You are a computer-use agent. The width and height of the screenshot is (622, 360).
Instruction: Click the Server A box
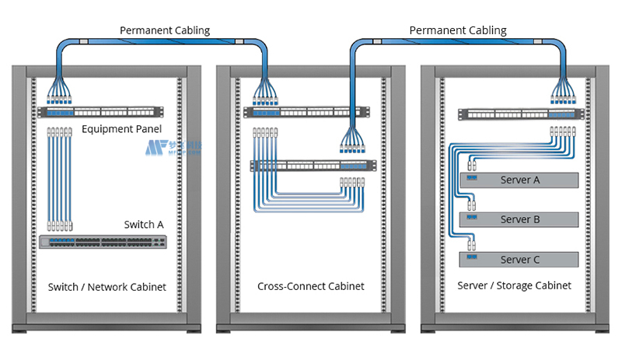[x=520, y=180]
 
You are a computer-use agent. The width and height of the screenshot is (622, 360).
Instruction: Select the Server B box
[x=520, y=219]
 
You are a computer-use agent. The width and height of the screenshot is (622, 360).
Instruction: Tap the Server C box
[x=520, y=260]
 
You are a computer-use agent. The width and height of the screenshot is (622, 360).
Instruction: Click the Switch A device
[x=103, y=242]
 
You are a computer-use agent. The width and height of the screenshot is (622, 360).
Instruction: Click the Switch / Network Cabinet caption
[x=107, y=287]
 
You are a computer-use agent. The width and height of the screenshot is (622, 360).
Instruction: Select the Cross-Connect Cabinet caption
[x=311, y=287]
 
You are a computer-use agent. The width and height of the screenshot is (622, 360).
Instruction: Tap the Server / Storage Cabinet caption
[x=515, y=286]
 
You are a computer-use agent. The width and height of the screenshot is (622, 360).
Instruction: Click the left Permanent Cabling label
[x=165, y=30]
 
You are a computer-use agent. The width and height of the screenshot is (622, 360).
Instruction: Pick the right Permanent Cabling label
[x=458, y=30]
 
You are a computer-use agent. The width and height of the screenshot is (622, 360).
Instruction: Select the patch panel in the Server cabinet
[x=519, y=113]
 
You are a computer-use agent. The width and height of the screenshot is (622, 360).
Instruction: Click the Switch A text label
[x=144, y=225]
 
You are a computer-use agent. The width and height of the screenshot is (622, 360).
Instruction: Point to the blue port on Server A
[x=472, y=180]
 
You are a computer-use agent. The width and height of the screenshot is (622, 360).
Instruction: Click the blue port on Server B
[x=472, y=219]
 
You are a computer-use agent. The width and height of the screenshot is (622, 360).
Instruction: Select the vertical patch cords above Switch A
[x=59, y=179]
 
